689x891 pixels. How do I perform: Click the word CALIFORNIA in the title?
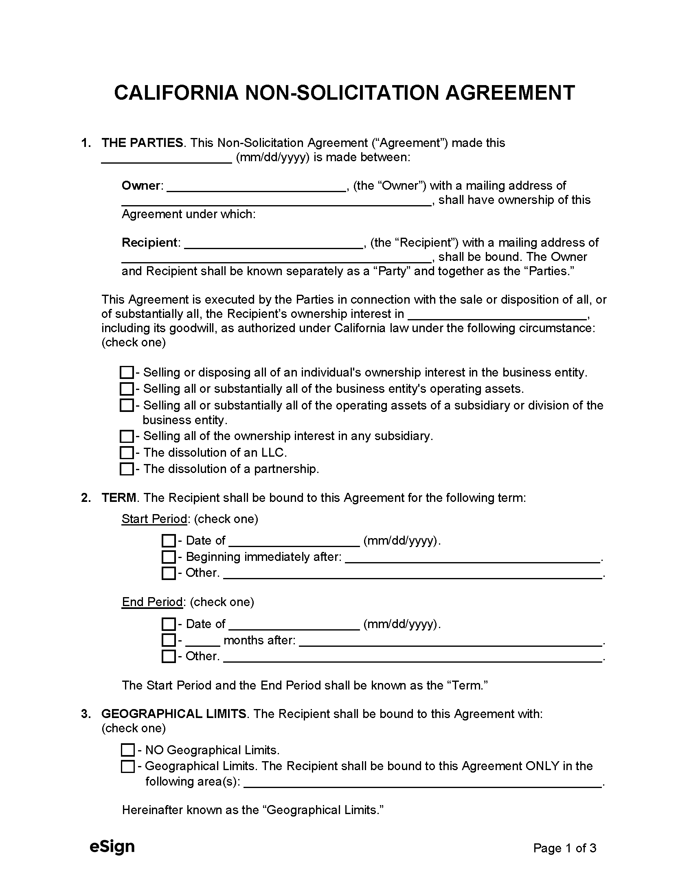pos(176,93)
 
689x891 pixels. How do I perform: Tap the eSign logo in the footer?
pos(112,847)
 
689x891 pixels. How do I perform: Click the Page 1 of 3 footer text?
pos(564,848)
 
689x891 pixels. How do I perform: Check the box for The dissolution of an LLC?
pos(127,453)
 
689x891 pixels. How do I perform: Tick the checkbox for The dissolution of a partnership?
pos(127,469)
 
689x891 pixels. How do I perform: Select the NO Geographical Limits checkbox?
pos(128,750)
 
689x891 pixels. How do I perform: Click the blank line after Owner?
pos(256,187)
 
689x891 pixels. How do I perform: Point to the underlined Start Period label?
pos(154,519)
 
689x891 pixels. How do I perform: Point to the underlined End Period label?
pos(152,602)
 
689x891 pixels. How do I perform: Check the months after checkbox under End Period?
pos(169,640)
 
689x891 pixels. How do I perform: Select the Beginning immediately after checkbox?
pos(169,557)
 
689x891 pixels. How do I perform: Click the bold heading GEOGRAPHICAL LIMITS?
pos(174,714)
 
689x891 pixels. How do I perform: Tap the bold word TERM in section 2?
pos(119,498)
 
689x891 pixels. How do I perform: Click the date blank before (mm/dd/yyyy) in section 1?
pos(167,158)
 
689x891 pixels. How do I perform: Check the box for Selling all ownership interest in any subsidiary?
pos(127,436)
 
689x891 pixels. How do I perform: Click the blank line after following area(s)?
pos(422,782)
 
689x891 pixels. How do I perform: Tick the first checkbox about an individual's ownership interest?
pos(127,372)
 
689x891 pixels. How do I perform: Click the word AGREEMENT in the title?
pos(510,93)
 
